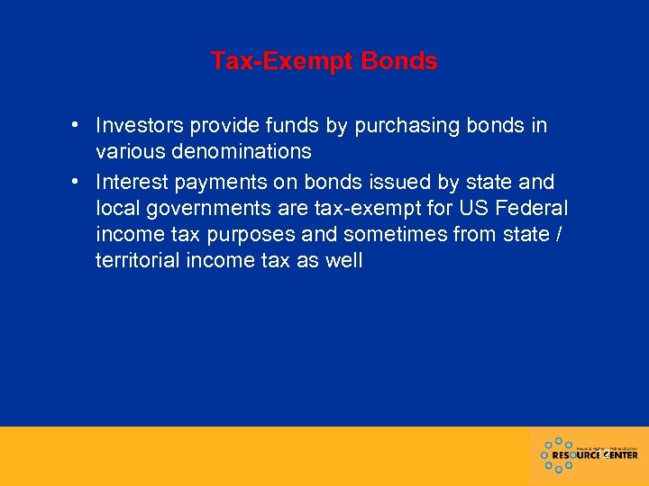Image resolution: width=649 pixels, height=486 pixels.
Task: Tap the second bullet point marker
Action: pyautogui.click(x=80, y=182)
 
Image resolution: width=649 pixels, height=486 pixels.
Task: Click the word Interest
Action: pyautogui.click(x=132, y=182)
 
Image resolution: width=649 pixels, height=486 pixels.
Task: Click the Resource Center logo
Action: pyautogui.click(x=590, y=455)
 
